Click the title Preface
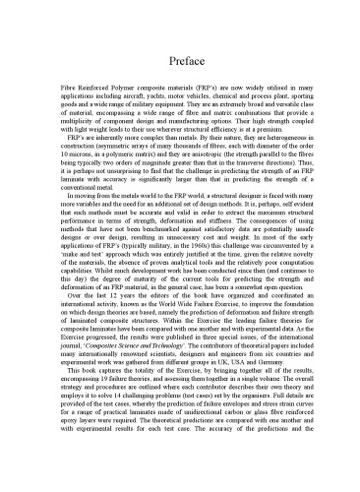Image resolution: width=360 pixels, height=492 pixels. [x=179, y=61]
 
